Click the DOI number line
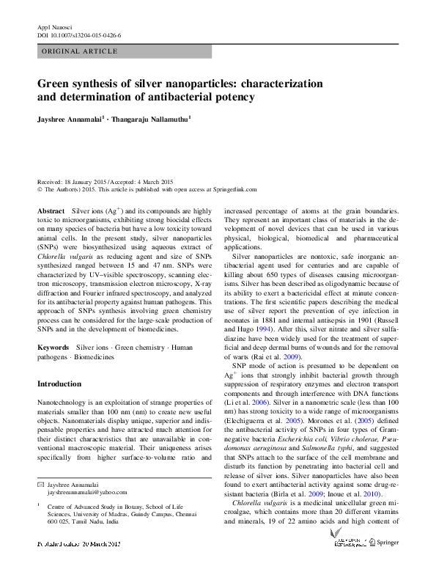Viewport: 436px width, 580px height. pyautogui.click(x=78, y=34)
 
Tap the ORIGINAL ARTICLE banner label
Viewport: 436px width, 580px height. pyautogui.click(x=80, y=51)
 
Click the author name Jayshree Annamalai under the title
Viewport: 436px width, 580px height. pyautogui.click(x=70, y=118)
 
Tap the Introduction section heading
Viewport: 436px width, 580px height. pyautogui.click(x=59, y=384)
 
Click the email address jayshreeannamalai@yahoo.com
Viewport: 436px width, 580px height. pyautogui.click(x=82, y=493)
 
